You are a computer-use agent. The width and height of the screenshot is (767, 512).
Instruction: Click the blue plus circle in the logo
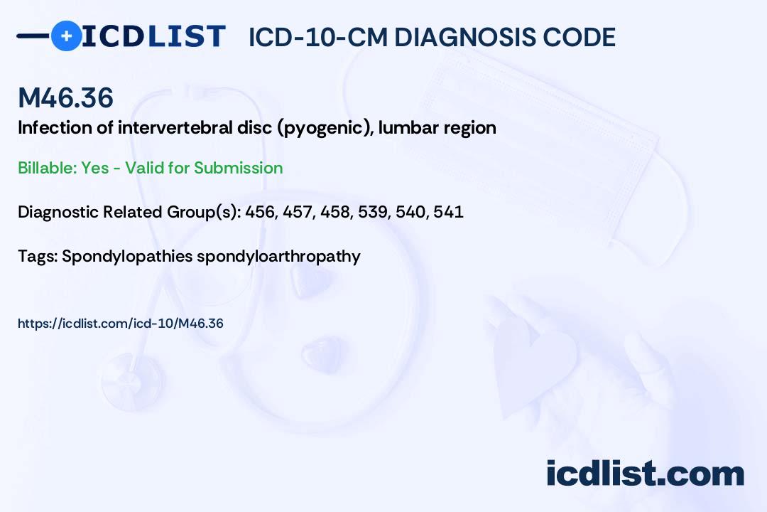tap(66, 36)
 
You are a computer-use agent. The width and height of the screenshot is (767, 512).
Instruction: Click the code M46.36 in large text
tap(65, 98)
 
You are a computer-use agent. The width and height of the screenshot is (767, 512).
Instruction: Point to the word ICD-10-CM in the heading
tap(317, 37)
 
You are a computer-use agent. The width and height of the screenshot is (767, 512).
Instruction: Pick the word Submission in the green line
tap(238, 168)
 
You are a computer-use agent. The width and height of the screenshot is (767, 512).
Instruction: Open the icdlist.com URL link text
tap(121, 324)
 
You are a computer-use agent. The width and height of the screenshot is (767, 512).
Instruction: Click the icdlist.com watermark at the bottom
tap(645, 473)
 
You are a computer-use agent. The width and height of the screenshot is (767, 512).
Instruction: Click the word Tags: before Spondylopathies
tap(38, 256)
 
